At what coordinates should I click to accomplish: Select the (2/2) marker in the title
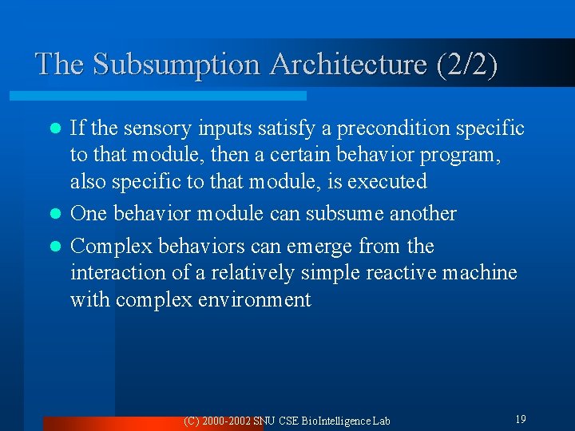(466, 65)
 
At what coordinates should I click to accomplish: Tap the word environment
(257, 300)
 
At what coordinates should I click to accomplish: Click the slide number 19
(520, 419)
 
